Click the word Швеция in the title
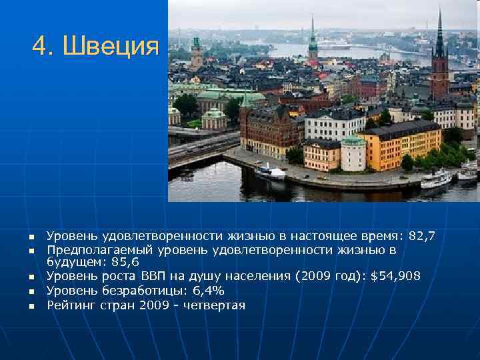coord(111,47)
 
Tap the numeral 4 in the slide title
coord(41,47)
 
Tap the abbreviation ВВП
coord(155,277)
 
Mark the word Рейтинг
coord(70,305)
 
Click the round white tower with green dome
coord(353,153)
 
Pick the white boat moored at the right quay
coord(435,179)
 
